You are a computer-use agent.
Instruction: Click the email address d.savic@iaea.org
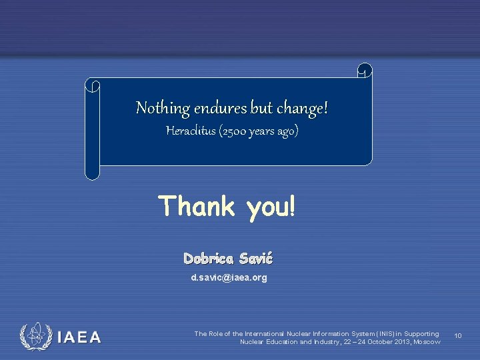pyautogui.click(x=229, y=277)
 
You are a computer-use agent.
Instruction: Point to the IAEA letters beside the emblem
pyautogui.click(x=79, y=337)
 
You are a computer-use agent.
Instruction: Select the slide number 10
pyautogui.click(x=458, y=336)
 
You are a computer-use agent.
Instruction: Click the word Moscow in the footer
pyautogui.click(x=427, y=341)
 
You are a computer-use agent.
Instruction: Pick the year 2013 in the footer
pyautogui.click(x=397, y=341)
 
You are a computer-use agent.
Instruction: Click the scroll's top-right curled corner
pyautogui.click(x=365, y=70)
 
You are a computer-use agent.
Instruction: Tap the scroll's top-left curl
pyautogui.click(x=93, y=86)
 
